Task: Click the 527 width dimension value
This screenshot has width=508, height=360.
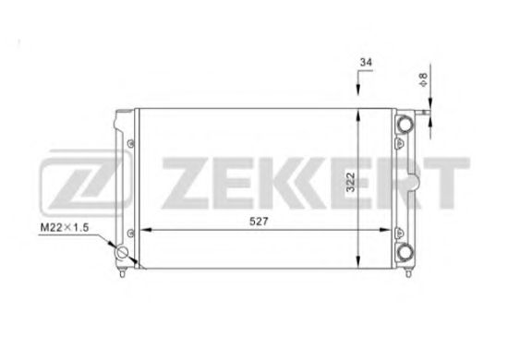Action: click(x=259, y=222)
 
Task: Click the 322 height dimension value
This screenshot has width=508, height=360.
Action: click(x=351, y=182)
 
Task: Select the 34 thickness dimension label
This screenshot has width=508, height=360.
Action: click(x=366, y=62)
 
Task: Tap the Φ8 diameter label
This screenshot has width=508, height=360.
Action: click(x=423, y=79)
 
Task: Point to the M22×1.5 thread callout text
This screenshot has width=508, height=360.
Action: click(x=64, y=228)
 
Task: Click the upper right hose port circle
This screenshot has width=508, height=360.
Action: click(x=405, y=124)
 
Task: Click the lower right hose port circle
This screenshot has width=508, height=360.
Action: click(x=405, y=252)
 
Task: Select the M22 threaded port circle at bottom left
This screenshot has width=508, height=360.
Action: click(x=123, y=253)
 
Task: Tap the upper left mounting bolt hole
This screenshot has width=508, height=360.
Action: click(x=130, y=144)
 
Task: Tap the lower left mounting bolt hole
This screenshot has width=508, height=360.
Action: click(x=130, y=234)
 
